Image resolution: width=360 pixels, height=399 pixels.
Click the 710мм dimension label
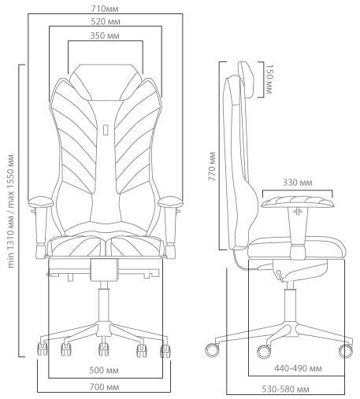[x=105, y=9]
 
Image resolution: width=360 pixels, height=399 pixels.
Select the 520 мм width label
[x=106, y=21]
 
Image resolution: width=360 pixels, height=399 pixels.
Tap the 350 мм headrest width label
[x=105, y=35]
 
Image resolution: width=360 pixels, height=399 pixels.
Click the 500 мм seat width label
[x=104, y=371]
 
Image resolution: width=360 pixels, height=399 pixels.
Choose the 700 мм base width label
[x=104, y=387]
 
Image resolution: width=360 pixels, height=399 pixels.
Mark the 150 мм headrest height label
[x=269, y=79]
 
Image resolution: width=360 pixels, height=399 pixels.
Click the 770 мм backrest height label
[x=212, y=166]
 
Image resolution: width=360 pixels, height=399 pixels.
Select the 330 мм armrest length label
[x=298, y=183]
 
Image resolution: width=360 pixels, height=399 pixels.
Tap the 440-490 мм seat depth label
[x=298, y=368]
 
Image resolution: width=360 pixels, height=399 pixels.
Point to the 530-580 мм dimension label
[x=285, y=389]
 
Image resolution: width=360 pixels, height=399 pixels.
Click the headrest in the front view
[x=105, y=82]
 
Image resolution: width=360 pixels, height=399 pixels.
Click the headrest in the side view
[x=247, y=79]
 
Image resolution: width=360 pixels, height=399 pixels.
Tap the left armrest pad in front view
[x=41, y=202]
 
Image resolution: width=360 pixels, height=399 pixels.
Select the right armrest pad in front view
[x=170, y=202]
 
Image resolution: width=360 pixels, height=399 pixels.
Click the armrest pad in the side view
[x=298, y=201]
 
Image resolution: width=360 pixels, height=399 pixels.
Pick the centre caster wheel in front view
[x=104, y=349]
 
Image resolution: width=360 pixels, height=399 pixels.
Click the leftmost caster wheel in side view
[x=212, y=350]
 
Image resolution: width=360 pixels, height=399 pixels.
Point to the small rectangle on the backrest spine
[x=106, y=130]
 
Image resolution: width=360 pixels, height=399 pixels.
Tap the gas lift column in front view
[x=104, y=305]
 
